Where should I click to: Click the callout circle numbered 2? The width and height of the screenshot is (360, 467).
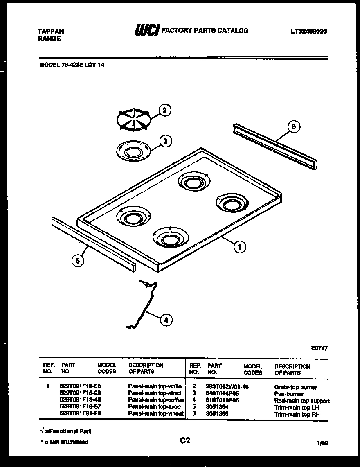pyautogui.click(x=164, y=110)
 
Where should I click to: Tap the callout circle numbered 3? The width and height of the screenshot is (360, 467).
pyautogui.click(x=165, y=141)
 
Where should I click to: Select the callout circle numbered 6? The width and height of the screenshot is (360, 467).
pyautogui.click(x=293, y=127)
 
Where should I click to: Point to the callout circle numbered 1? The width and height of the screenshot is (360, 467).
pyautogui.click(x=240, y=246)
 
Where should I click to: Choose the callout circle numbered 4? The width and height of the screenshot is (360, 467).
pyautogui.click(x=165, y=320)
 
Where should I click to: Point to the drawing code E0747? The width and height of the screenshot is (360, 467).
pyautogui.click(x=319, y=348)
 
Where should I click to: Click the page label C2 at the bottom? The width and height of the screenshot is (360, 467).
pyautogui.click(x=185, y=440)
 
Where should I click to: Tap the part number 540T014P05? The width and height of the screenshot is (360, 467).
pyautogui.click(x=222, y=394)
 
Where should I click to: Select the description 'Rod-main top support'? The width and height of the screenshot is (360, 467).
pyautogui.click(x=301, y=401)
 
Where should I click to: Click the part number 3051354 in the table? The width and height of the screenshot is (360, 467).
pyautogui.click(x=217, y=408)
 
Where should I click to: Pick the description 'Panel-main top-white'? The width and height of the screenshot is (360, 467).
pyautogui.click(x=155, y=386)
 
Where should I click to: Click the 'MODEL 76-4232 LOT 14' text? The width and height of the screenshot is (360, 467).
pyautogui.click(x=72, y=64)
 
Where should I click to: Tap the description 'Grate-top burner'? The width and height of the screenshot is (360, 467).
pyautogui.click(x=295, y=387)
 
